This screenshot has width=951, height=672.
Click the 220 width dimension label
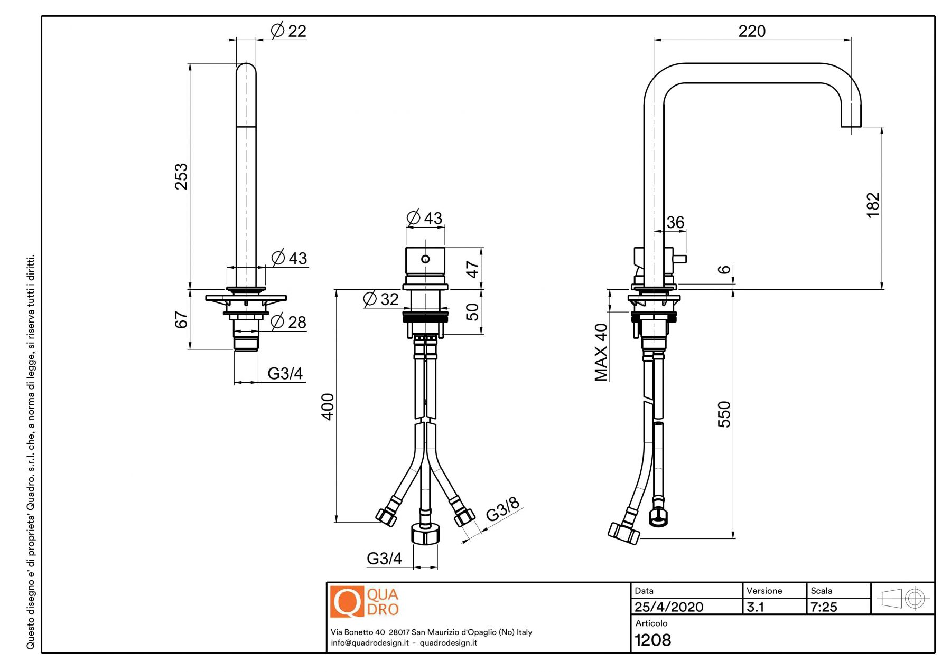tap(751, 31)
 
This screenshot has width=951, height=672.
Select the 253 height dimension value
tap(181, 176)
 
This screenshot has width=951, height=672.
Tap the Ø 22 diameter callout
tap(288, 31)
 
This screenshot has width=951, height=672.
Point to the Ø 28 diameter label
tap(288, 321)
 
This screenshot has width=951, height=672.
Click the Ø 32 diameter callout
tap(381, 299)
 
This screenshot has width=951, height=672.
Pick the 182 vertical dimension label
tap(873, 205)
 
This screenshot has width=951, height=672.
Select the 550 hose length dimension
tap(724, 414)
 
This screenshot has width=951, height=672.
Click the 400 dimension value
tap(328, 406)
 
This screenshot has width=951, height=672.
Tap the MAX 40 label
tap(601, 352)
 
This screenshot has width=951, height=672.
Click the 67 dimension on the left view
tap(181, 320)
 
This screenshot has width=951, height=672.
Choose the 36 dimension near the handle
tap(675, 222)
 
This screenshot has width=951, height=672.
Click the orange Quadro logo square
tap(347, 601)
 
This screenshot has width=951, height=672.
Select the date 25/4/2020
tap(669, 607)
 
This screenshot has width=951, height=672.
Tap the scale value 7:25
tap(824, 607)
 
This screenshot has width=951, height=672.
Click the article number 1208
tap(652, 640)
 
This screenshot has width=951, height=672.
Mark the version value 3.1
tap(756, 607)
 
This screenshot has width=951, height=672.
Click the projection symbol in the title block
tap(902, 599)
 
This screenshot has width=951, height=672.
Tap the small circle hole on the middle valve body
tap(425, 259)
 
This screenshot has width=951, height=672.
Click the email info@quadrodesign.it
tap(370, 643)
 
